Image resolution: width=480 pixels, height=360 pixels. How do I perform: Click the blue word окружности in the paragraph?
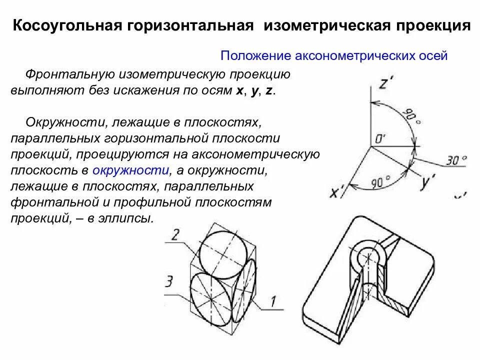130,170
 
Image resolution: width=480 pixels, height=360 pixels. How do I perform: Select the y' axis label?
425,183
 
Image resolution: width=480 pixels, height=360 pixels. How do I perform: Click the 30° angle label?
455,160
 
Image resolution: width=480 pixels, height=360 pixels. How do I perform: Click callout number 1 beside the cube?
273,301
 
